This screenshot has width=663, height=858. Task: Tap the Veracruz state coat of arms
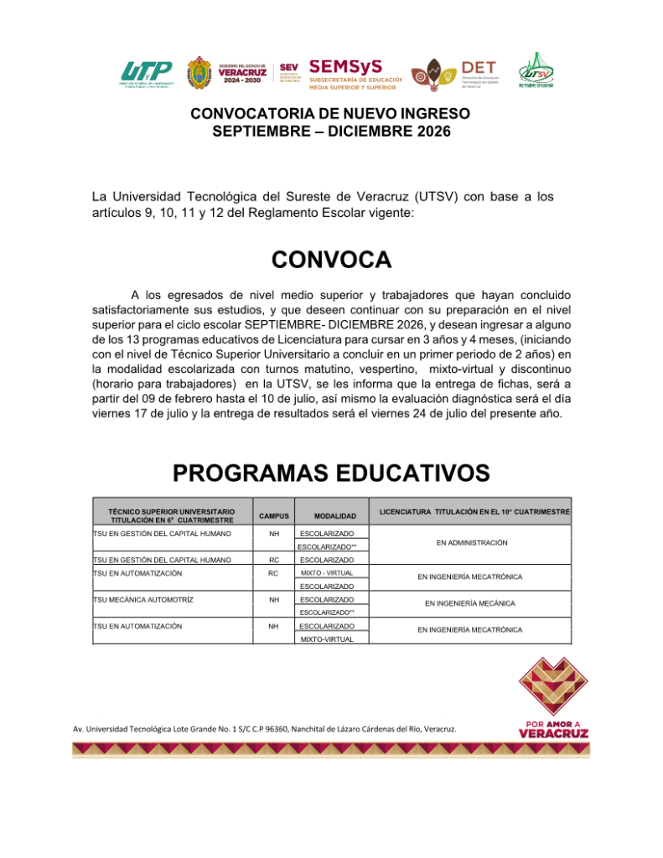click(198, 75)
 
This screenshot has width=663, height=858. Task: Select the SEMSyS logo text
click(346, 66)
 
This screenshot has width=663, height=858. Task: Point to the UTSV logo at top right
click(536, 71)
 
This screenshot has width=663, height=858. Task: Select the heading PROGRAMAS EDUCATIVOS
click(331, 473)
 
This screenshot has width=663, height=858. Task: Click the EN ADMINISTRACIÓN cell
click(473, 543)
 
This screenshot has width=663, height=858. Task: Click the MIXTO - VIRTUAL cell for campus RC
click(327, 572)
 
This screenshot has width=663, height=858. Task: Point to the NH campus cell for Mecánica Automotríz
click(273, 600)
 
